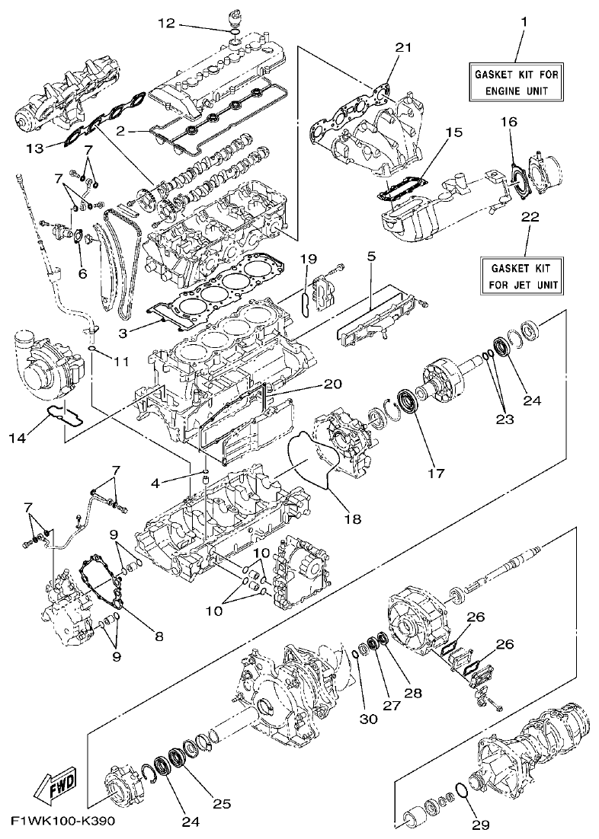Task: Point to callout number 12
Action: pyautogui.click(x=167, y=24)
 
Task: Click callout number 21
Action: pyautogui.click(x=403, y=48)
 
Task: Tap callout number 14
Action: pyautogui.click(x=36, y=438)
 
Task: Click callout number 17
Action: pyautogui.click(x=435, y=473)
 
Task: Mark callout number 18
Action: pyautogui.click(x=352, y=518)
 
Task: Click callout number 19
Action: pyautogui.click(x=307, y=260)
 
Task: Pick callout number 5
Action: pyautogui.click(x=371, y=258)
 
